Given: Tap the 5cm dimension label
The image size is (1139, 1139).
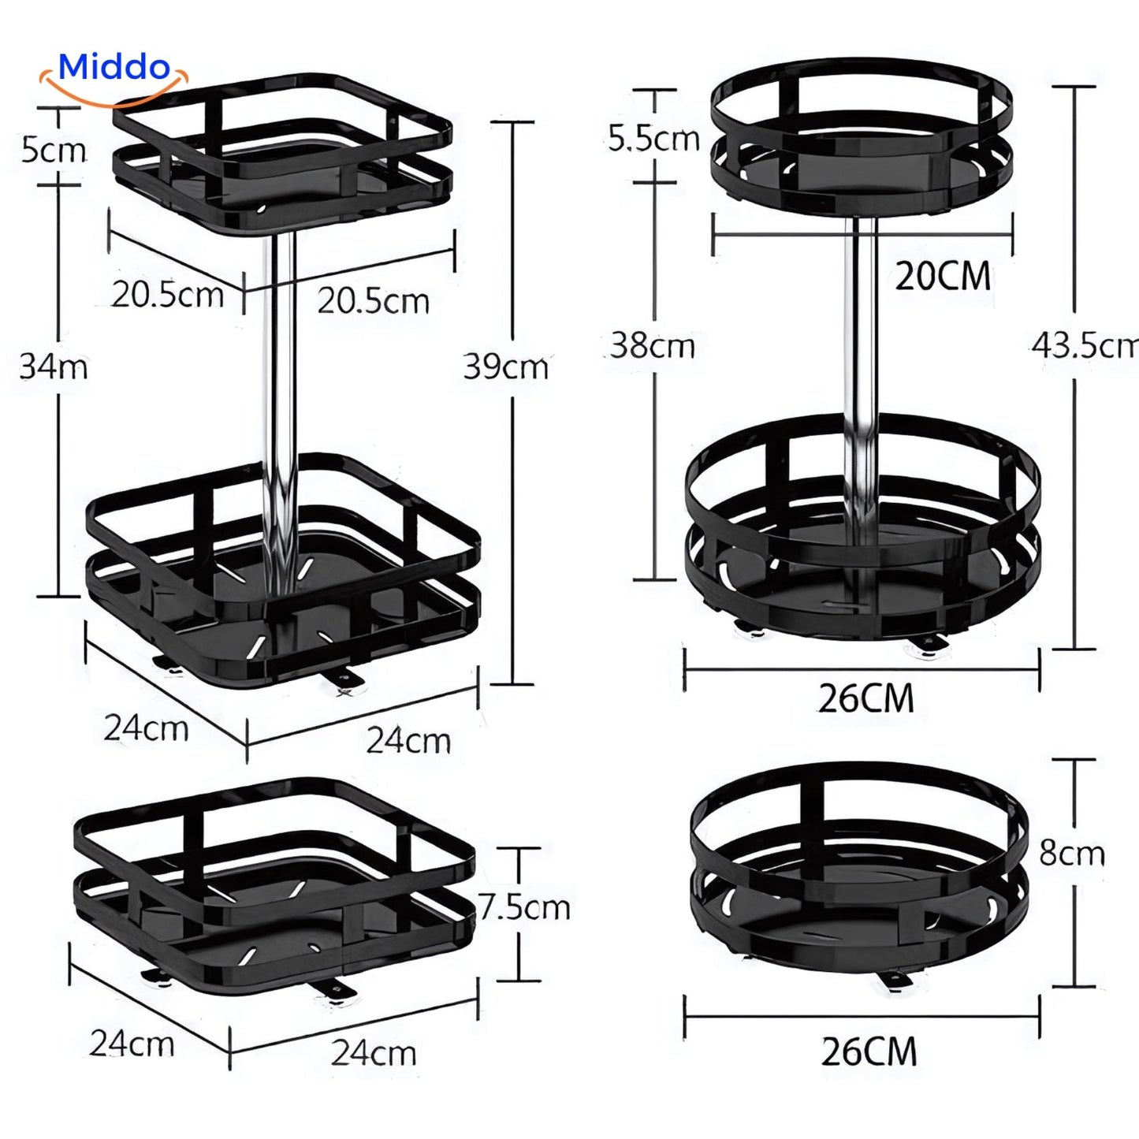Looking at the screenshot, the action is click(54, 150).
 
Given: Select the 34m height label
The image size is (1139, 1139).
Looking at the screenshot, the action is click(53, 367).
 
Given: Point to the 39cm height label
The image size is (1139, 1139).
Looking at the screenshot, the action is click(506, 367).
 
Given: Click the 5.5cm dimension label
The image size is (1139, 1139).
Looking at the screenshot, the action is click(653, 140).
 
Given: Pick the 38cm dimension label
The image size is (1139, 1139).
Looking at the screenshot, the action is click(652, 346).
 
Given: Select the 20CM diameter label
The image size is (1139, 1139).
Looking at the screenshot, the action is click(943, 276).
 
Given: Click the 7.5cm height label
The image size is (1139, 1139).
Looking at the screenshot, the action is click(523, 908).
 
